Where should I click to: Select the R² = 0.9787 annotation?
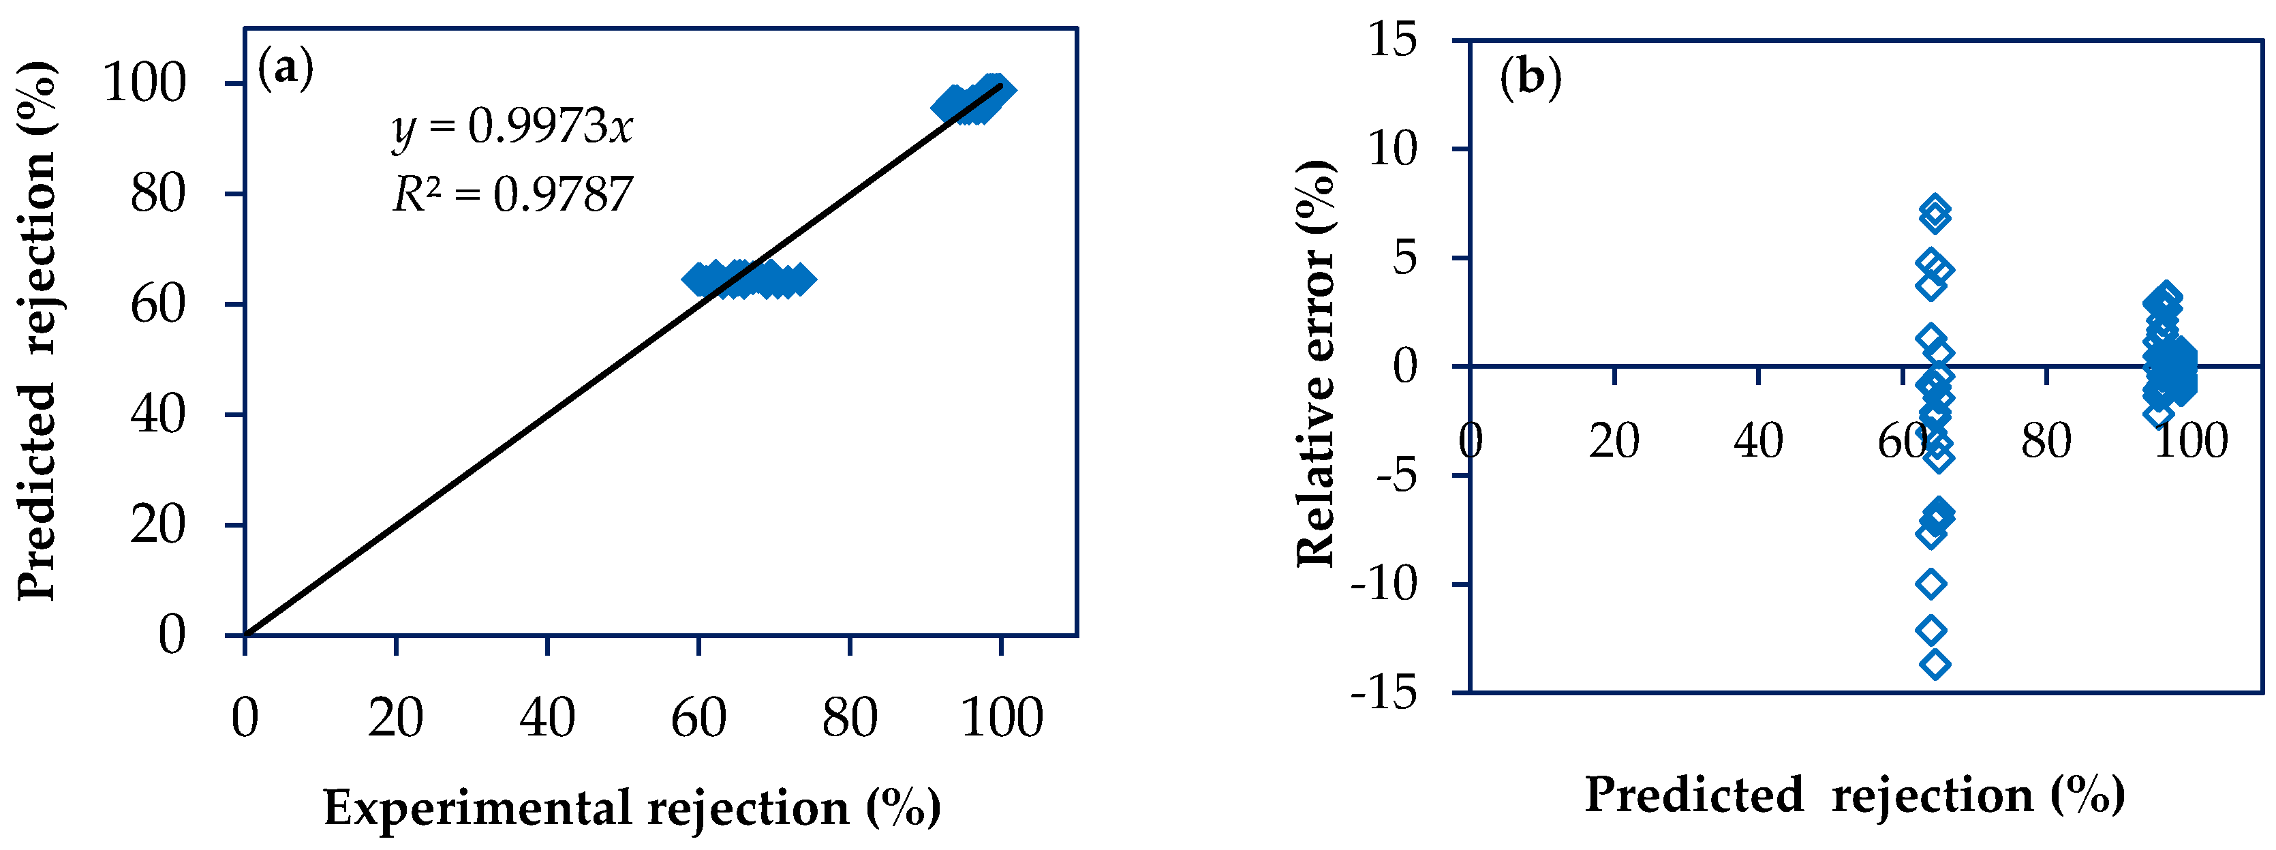pos(512,194)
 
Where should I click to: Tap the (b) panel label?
pos(1531,78)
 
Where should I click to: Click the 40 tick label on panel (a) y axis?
pos(159,414)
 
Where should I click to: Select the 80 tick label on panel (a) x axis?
pos(849,718)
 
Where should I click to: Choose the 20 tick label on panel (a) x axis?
pos(396,718)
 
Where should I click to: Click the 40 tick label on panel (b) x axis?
pos(1758,440)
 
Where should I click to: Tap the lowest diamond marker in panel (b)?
pos(1935,663)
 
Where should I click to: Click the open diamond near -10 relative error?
pos(1931,583)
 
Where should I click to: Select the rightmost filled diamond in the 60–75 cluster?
pos(799,280)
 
